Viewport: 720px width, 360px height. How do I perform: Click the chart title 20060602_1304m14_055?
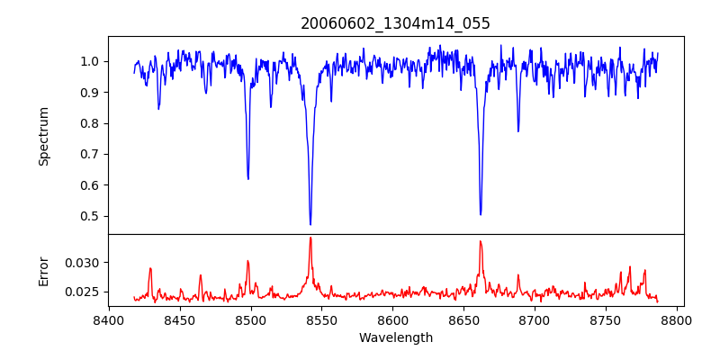coord(395,23)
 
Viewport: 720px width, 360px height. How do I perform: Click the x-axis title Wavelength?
coord(395,337)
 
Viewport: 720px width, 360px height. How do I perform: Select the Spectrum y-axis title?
coord(43,136)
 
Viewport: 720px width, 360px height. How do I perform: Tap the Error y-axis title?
coord(43,270)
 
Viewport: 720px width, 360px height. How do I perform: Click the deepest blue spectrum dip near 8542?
coord(310,224)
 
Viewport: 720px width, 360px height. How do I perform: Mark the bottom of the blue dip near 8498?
coord(248,178)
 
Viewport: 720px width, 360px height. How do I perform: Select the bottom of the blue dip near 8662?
coord(481,214)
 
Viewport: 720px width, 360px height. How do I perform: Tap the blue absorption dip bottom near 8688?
coord(518,131)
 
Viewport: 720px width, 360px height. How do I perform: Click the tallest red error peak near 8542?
coord(310,238)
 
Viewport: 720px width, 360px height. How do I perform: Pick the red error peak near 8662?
coord(481,241)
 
